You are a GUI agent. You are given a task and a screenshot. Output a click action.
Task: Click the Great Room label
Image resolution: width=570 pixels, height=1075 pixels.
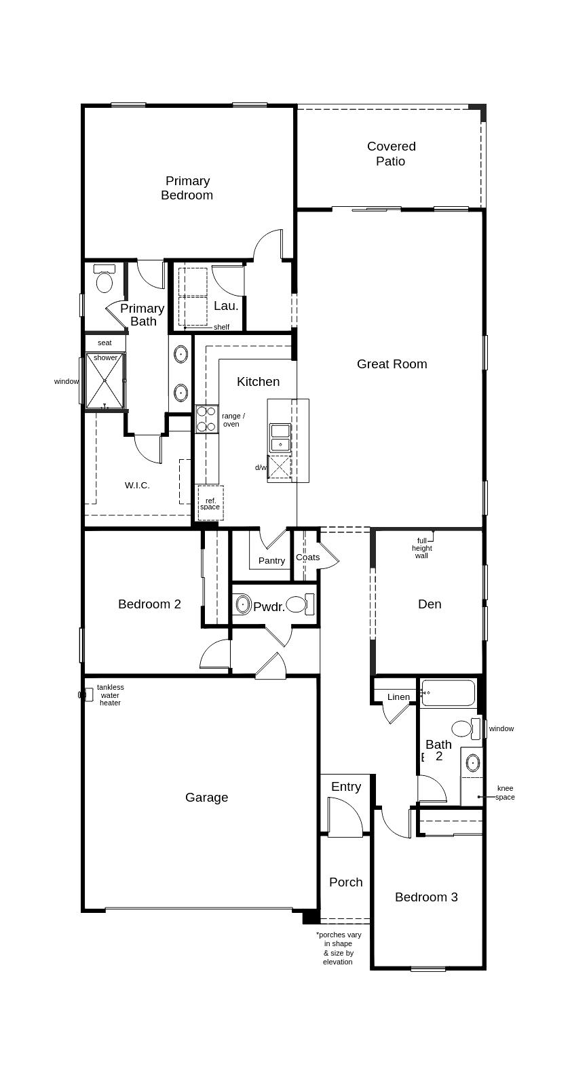(392, 364)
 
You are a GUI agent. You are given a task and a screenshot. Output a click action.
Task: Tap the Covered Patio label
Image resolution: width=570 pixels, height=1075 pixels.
(391, 153)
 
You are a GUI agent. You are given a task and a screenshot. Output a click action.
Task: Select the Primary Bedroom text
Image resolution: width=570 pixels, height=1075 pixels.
(187, 188)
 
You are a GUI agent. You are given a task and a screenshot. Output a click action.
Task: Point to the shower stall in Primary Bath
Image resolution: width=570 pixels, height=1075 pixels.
(105, 381)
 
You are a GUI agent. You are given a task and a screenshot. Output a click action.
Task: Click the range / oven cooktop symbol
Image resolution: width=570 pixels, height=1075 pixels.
(206, 419)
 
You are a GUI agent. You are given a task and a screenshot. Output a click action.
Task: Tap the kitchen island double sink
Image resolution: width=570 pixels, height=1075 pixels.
(280, 437)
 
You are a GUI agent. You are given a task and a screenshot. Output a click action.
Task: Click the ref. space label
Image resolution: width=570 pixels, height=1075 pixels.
(210, 504)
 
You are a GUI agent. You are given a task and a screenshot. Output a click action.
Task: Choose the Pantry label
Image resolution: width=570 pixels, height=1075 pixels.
(272, 560)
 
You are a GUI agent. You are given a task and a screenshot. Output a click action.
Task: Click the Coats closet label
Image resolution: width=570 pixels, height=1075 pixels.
(308, 558)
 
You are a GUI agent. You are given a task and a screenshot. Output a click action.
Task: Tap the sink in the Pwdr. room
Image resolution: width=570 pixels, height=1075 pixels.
(243, 604)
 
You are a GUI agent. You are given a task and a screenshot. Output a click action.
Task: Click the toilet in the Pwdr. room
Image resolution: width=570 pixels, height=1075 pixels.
(300, 604)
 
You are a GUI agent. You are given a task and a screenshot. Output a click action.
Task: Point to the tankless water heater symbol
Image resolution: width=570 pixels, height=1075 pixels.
(86, 695)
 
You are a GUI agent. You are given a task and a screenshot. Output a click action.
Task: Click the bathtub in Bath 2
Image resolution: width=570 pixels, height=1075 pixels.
(448, 692)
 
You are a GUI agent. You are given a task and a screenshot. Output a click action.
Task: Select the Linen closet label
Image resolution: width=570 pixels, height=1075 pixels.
(398, 697)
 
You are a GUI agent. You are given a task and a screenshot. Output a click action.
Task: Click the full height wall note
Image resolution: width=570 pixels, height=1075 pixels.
(421, 548)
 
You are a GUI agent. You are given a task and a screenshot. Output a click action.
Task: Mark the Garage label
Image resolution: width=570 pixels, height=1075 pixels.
(206, 797)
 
